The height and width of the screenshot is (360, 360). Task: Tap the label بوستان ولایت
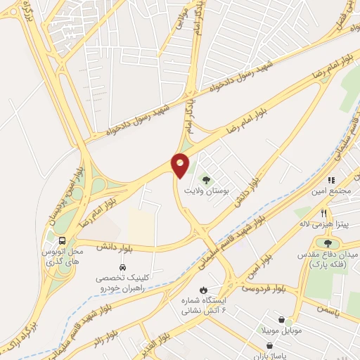(202, 190)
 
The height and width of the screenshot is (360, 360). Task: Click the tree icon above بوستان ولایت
(206, 178)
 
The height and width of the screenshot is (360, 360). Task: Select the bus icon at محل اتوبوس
(61, 240)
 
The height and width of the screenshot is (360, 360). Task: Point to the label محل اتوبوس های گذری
(69, 255)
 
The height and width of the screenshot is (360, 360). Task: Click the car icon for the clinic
(123, 268)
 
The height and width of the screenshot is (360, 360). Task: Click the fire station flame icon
(204, 290)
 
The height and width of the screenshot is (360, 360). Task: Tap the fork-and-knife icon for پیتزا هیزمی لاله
(324, 213)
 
